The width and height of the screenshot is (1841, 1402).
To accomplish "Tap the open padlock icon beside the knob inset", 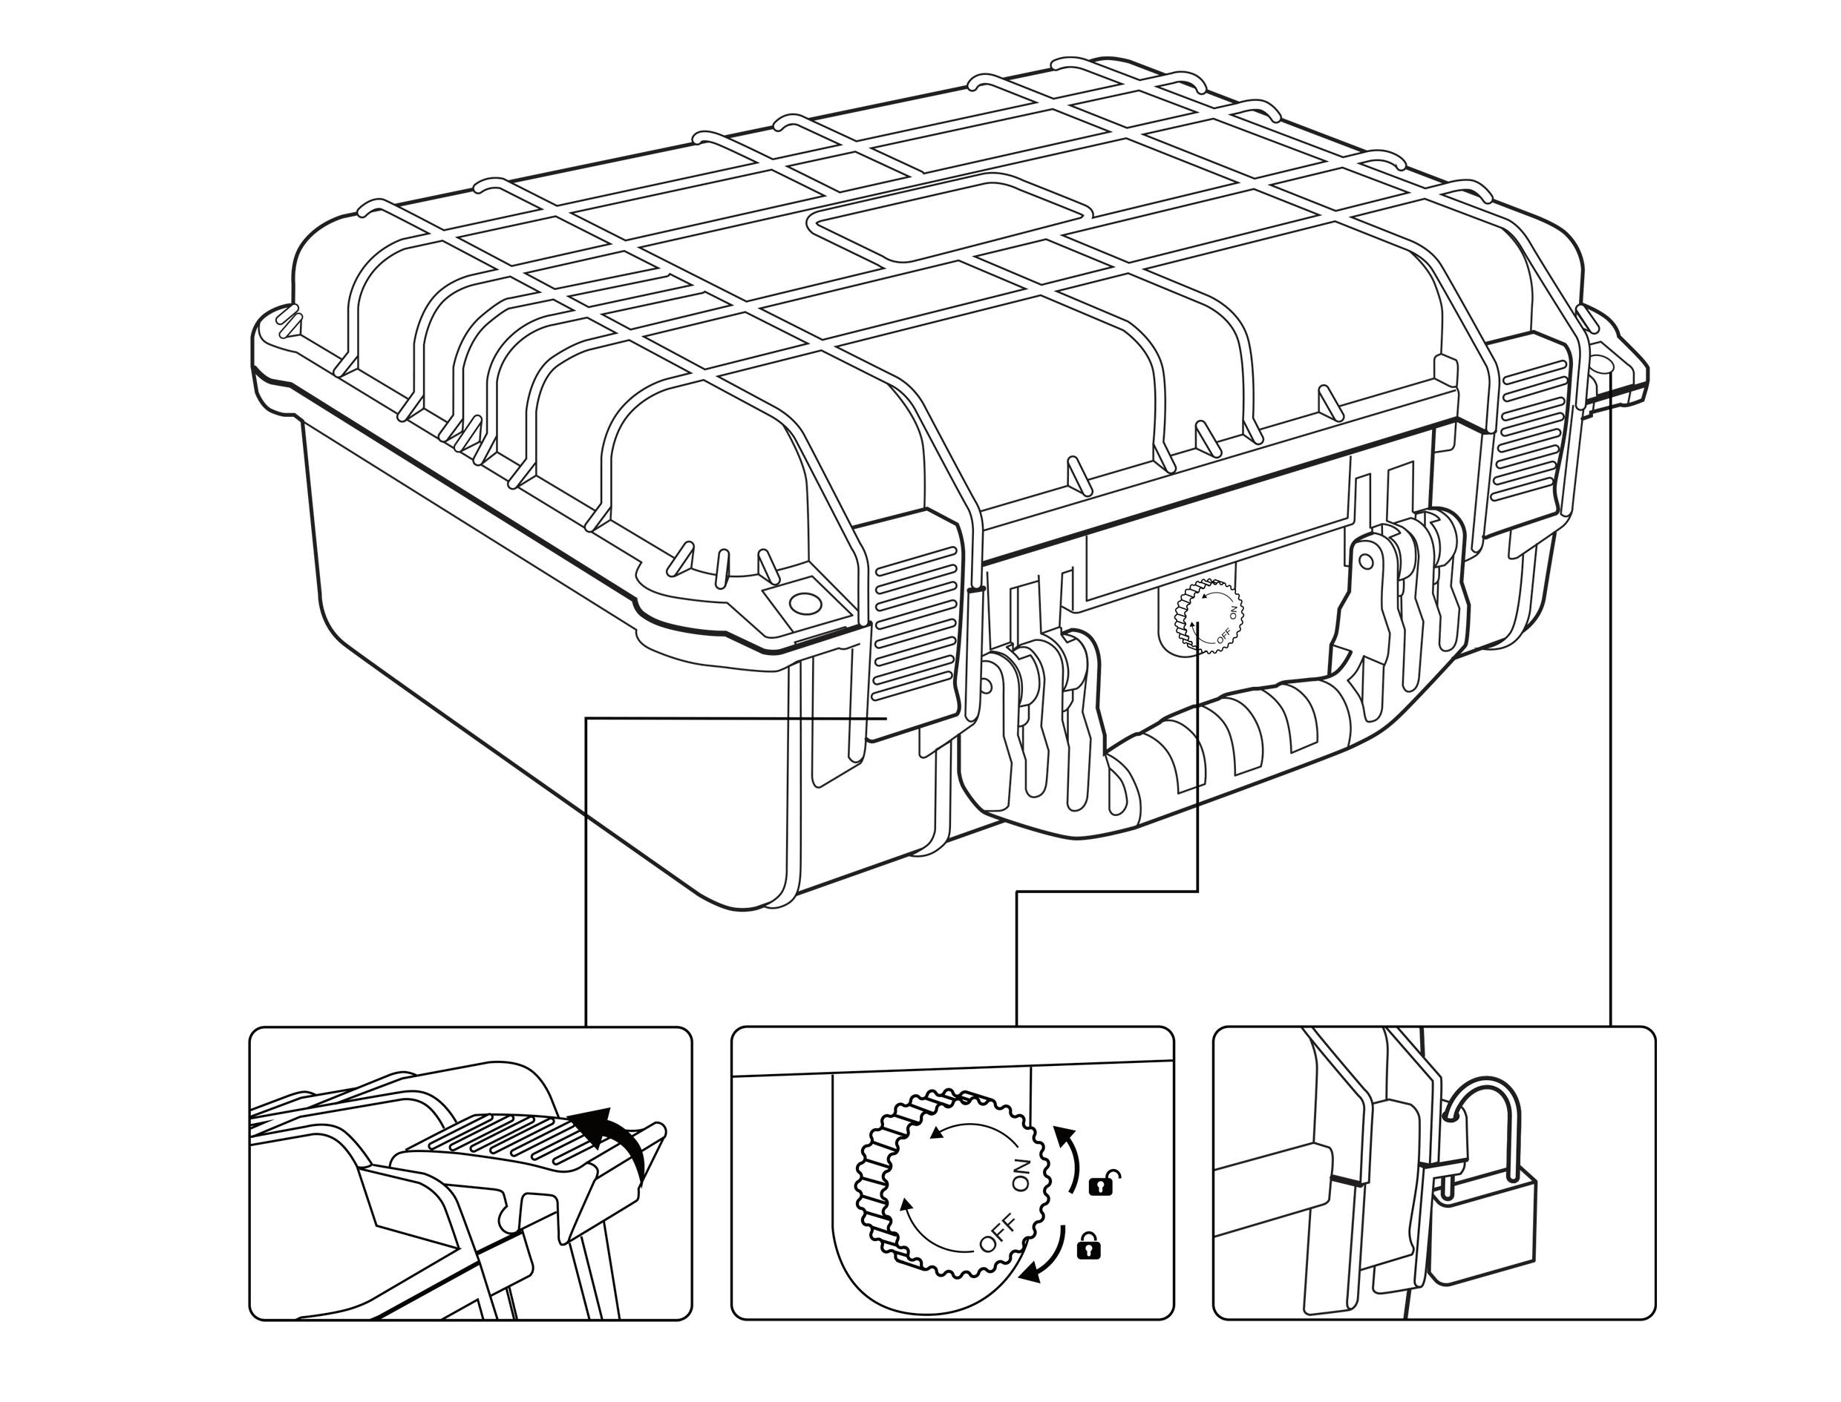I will [x=1104, y=1183].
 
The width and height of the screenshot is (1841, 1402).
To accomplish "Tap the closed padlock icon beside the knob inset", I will [x=1089, y=1246].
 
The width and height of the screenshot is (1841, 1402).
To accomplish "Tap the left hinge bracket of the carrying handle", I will [x=1039, y=709].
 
